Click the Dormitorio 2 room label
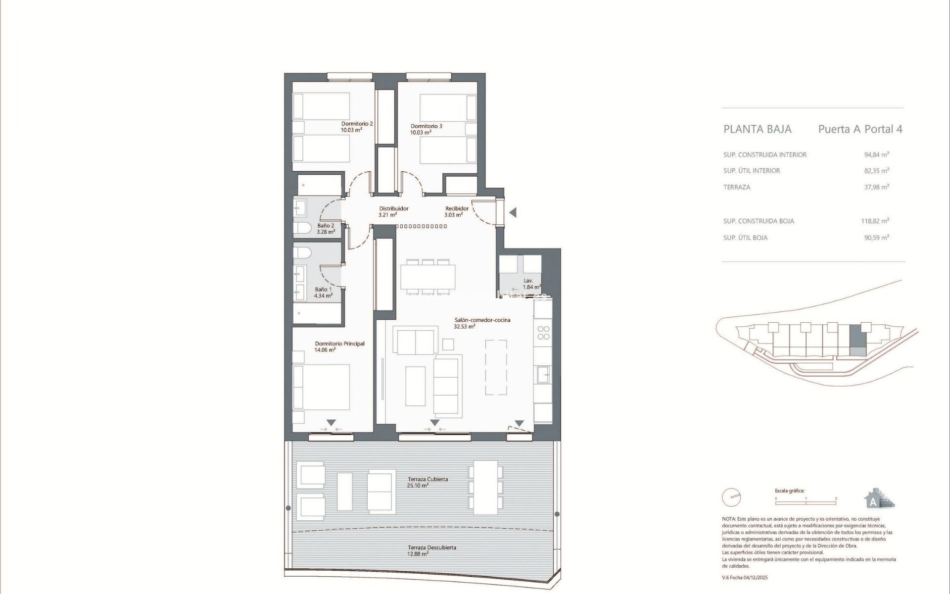pyautogui.click(x=357, y=124)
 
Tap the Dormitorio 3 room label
pyautogui.click(x=426, y=126)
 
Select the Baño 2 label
pyautogui.click(x=326, y=226)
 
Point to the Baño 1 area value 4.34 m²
pyautogui.click(x=323, y=296)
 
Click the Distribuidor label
pyautogui.click(x=393, y=208)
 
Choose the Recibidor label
pyautogui.click(x=456, y=208)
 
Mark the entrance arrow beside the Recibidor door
pyautogui.click(x=513, y=212)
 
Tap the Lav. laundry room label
pyautogui.click(x=528, y=281)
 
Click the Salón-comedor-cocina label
pyautogui.click(x=482, y=320)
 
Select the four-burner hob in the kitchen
pyautogui.click(x=543, y=333)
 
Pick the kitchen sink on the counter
pyautogui.click(x=543, y=375)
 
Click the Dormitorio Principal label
pyautogui.click(x=339, y=344)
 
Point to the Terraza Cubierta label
pyautogui.click(x=427, y=479)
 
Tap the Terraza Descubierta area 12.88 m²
pyautogui.click(x=418, y=554)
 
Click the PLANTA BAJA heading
pyautogui.click(x=757, y=129)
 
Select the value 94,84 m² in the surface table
pyautogui.click(x=876, y=154)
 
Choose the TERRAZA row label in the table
pyautogui.click(x=736, y=187)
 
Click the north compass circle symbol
pyautogui.click(x=731, y=497)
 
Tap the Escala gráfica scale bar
pyautogui.click(x=806, y=503)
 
